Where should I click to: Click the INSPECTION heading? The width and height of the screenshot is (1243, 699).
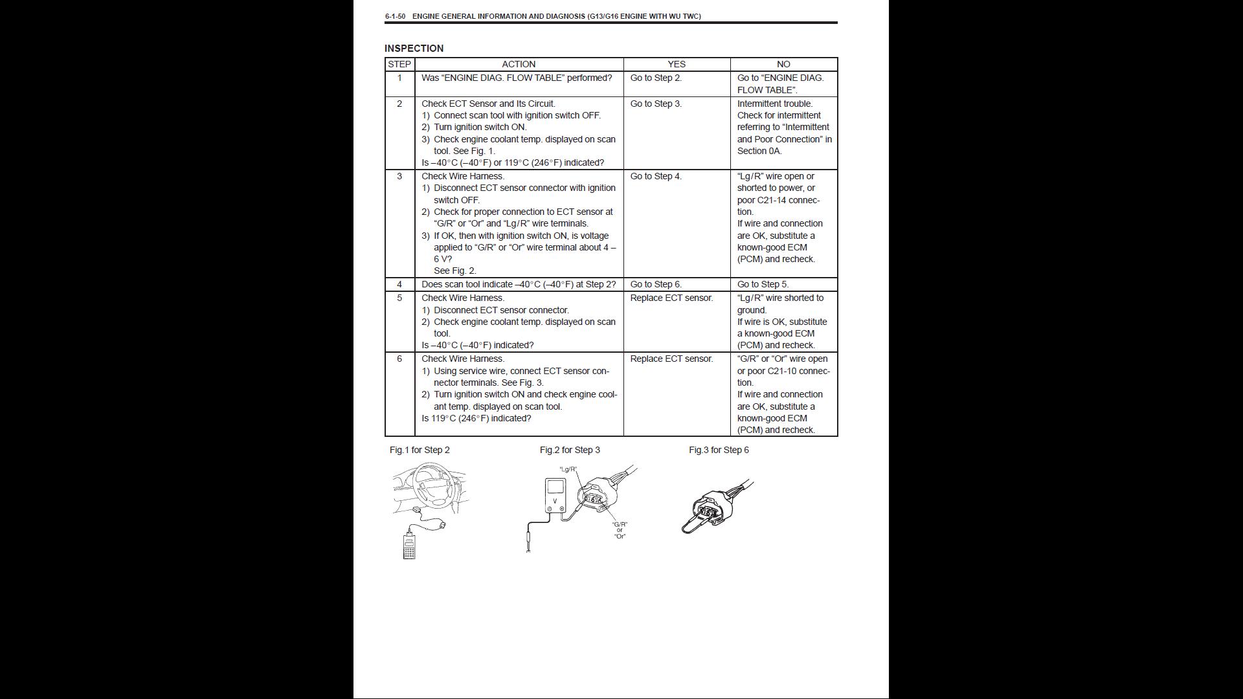pos(414,49)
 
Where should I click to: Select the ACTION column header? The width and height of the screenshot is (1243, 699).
pos(519,64)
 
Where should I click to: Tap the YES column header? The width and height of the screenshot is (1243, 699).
pos(677,64)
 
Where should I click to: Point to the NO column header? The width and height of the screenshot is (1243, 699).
pos(783,64)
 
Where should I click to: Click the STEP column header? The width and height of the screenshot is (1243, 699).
pos(399,64)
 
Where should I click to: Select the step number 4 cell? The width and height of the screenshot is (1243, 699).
pos(399,284)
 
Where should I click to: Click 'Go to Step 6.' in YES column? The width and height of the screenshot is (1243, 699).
pos(656,284)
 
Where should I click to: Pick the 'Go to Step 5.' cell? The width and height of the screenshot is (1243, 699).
pos(763,284)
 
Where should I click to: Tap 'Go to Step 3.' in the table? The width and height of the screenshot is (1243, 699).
pos(656,104)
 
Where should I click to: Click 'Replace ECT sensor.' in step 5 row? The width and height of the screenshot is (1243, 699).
pos(671,298)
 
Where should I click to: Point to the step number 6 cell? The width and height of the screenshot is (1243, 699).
pos(399,359)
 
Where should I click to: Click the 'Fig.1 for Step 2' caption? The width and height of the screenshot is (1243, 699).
pos(420,450)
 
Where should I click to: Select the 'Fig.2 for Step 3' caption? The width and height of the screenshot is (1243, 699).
pos(570,450)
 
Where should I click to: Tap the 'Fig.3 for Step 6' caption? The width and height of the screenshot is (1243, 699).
pos(719,450)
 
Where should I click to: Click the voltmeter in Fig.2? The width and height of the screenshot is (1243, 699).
pos(555,496)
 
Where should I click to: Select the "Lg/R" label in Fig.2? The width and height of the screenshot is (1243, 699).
pos(568,469)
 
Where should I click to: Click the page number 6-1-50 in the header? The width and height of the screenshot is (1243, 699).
pos(395,16)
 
